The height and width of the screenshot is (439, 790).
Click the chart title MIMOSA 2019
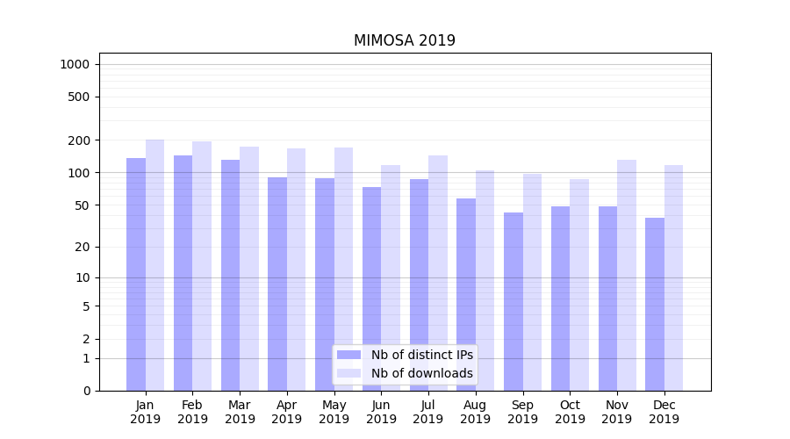point(404,40)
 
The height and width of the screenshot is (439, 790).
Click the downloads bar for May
point(343,263)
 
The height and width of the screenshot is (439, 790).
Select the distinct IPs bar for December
point(655,304)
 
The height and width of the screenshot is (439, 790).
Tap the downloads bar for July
point(438,263)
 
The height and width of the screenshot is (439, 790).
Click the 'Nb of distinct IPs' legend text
point(421,355)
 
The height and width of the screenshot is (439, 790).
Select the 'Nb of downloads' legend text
point(421,373)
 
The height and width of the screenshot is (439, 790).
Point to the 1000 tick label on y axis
point(75,64)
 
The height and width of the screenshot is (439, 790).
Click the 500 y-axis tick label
point(80,97)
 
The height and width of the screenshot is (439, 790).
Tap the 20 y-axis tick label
point(83,247)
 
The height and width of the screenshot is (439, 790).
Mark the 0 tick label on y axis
point(86,391)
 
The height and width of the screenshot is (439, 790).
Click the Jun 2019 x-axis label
point(381,412)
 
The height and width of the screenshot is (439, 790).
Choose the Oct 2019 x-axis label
point(570,412)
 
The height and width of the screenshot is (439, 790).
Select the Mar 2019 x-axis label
point(240,412)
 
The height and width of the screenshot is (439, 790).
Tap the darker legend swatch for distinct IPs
point(348,355)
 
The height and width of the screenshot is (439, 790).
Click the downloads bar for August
point(485,280)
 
